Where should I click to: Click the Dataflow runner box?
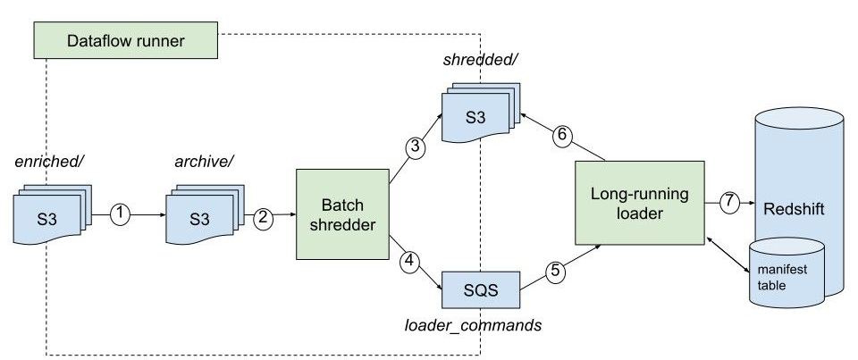(126, 40)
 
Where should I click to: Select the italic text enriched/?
(44, 162)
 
